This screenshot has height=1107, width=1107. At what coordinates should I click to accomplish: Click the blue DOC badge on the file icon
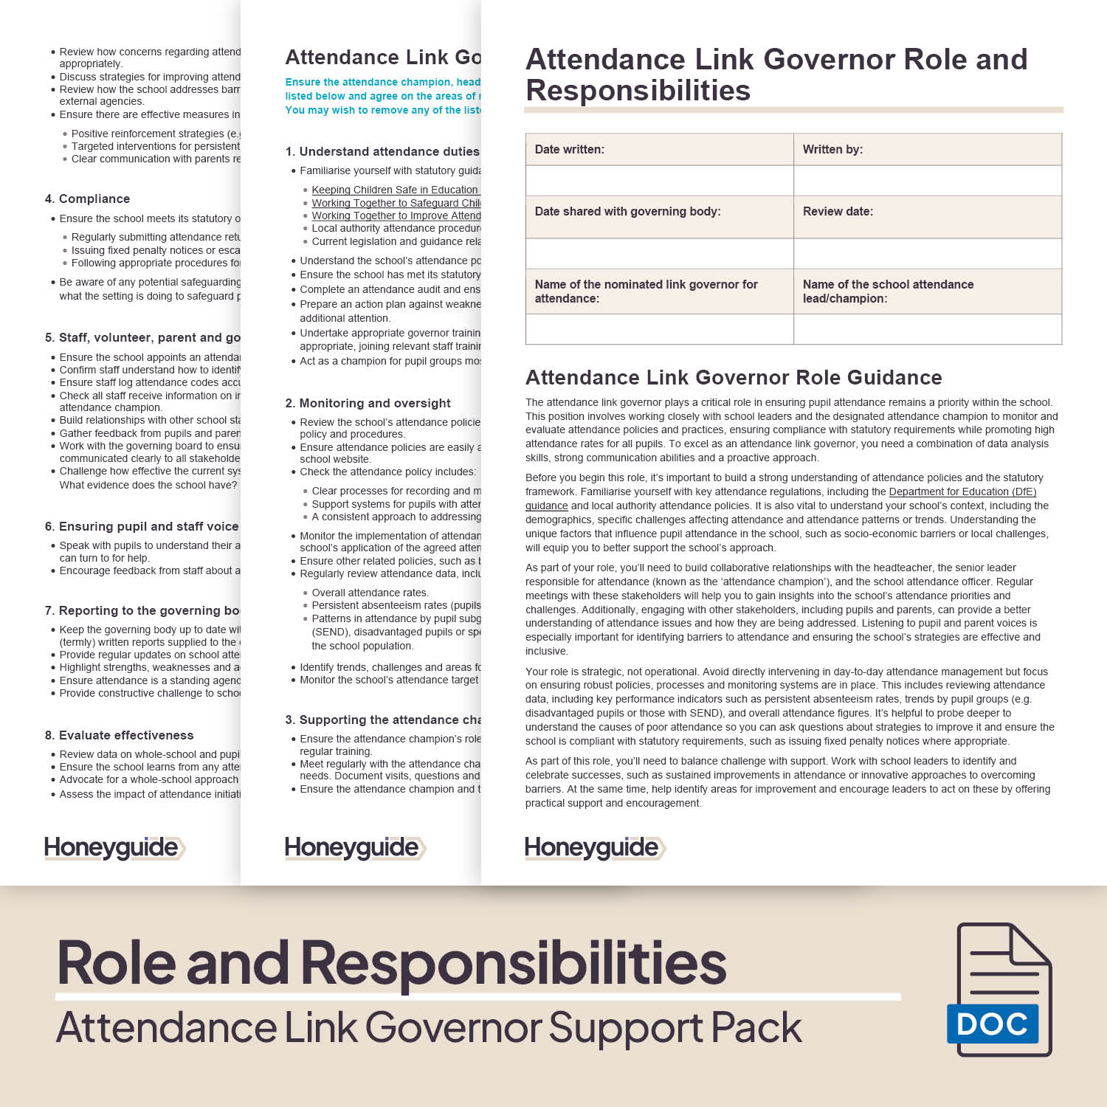[x=992, y=1024]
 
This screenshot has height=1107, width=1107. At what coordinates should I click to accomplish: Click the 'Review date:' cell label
[x=838, y=212]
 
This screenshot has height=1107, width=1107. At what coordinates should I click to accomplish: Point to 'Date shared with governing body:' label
[x=627, y=212]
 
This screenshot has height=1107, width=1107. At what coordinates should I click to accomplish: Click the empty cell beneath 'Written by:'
[x=927, y=181]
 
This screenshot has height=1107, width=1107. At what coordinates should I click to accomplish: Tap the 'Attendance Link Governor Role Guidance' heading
[x=734, y=378]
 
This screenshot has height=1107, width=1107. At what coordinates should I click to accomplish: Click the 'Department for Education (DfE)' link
[x=962, y=492]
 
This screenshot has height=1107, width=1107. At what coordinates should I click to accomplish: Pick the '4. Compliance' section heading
[x=87, y=199]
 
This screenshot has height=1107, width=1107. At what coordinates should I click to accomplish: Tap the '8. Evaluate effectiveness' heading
[x=119, y=736]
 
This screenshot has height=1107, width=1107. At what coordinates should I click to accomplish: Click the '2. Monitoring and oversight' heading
[x=368, y=404]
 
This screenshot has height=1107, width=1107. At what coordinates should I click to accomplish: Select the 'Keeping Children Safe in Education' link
[x=394, y=190]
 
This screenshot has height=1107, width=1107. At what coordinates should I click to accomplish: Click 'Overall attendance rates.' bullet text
[x=370, y=593]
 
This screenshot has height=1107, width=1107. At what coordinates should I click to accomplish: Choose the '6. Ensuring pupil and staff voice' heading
[x=142, y=527]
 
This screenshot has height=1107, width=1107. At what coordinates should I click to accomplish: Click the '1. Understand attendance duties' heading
[x=382, y=152]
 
